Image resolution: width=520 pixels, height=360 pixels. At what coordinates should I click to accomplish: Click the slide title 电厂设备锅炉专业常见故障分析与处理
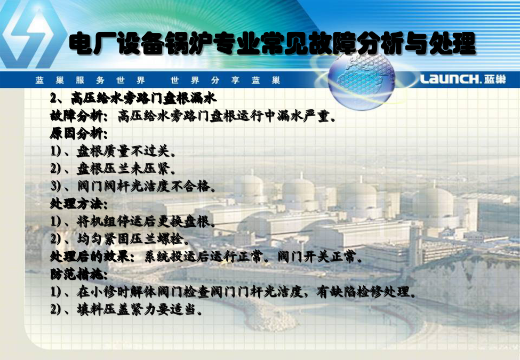(273, 43)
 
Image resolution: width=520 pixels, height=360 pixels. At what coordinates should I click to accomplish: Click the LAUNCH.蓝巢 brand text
(463, 79)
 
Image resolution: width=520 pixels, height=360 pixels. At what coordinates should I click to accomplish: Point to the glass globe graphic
(361, 80)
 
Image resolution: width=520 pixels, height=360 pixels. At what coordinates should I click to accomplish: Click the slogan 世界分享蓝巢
(225, 80)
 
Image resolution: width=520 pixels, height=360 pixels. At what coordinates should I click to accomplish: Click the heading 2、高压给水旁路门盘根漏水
(133, 98)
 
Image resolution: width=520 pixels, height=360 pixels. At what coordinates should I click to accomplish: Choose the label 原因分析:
(79, 133)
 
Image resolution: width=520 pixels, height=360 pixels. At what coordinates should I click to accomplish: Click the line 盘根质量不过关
(126, 151)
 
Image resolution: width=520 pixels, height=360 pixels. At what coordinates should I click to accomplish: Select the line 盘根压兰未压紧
(126, 169)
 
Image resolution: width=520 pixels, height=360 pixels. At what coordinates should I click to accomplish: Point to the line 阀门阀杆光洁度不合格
(146, 186)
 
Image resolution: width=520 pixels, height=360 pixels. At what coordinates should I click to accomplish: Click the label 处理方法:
(79, 204)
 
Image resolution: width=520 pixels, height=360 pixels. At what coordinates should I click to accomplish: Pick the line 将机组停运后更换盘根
(146, 221)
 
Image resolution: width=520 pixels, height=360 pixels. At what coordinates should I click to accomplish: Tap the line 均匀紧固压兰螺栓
(133, 239)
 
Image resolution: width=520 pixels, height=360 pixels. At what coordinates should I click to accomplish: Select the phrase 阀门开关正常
(320, 257)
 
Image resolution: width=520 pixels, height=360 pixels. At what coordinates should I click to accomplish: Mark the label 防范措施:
(79, 274)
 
